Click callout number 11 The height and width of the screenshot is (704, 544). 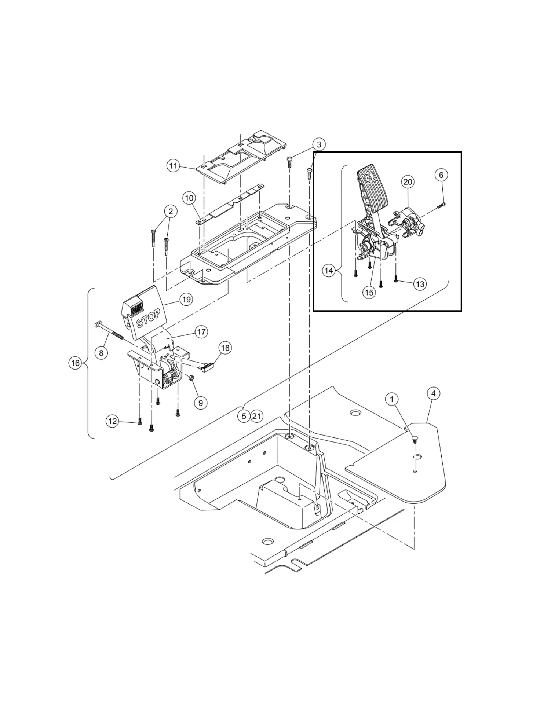[x=173, y=166]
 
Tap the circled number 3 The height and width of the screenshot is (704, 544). [x=319, y=144]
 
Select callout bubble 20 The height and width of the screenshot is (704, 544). [x=408, y=182]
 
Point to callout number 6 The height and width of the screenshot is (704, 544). [x=441, y=175]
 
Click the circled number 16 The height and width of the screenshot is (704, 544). [x=75, y=363]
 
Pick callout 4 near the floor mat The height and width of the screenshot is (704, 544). [x=433, y=394]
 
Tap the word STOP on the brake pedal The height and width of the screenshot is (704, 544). [x=148, y=318]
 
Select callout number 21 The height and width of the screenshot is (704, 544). [x=257, y=416]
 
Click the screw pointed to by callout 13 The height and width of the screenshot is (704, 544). [x=396, y=280]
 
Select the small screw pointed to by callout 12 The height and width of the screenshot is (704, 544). [x=139, y=423]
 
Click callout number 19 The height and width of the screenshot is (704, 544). [x=186, y=300]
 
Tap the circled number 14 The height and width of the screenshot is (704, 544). [x=329, y=271]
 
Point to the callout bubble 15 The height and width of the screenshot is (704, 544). [x=369, y=292]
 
